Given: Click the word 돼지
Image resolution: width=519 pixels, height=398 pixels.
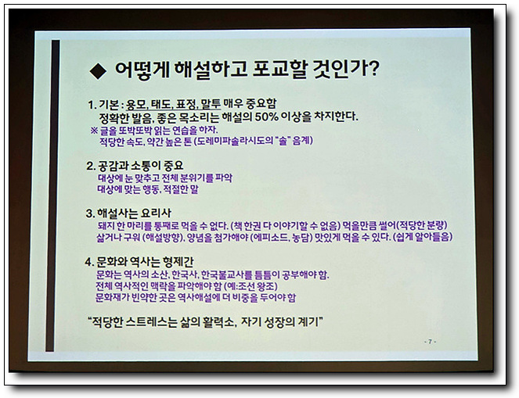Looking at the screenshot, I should pyautogui.click(x=104, y=225).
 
